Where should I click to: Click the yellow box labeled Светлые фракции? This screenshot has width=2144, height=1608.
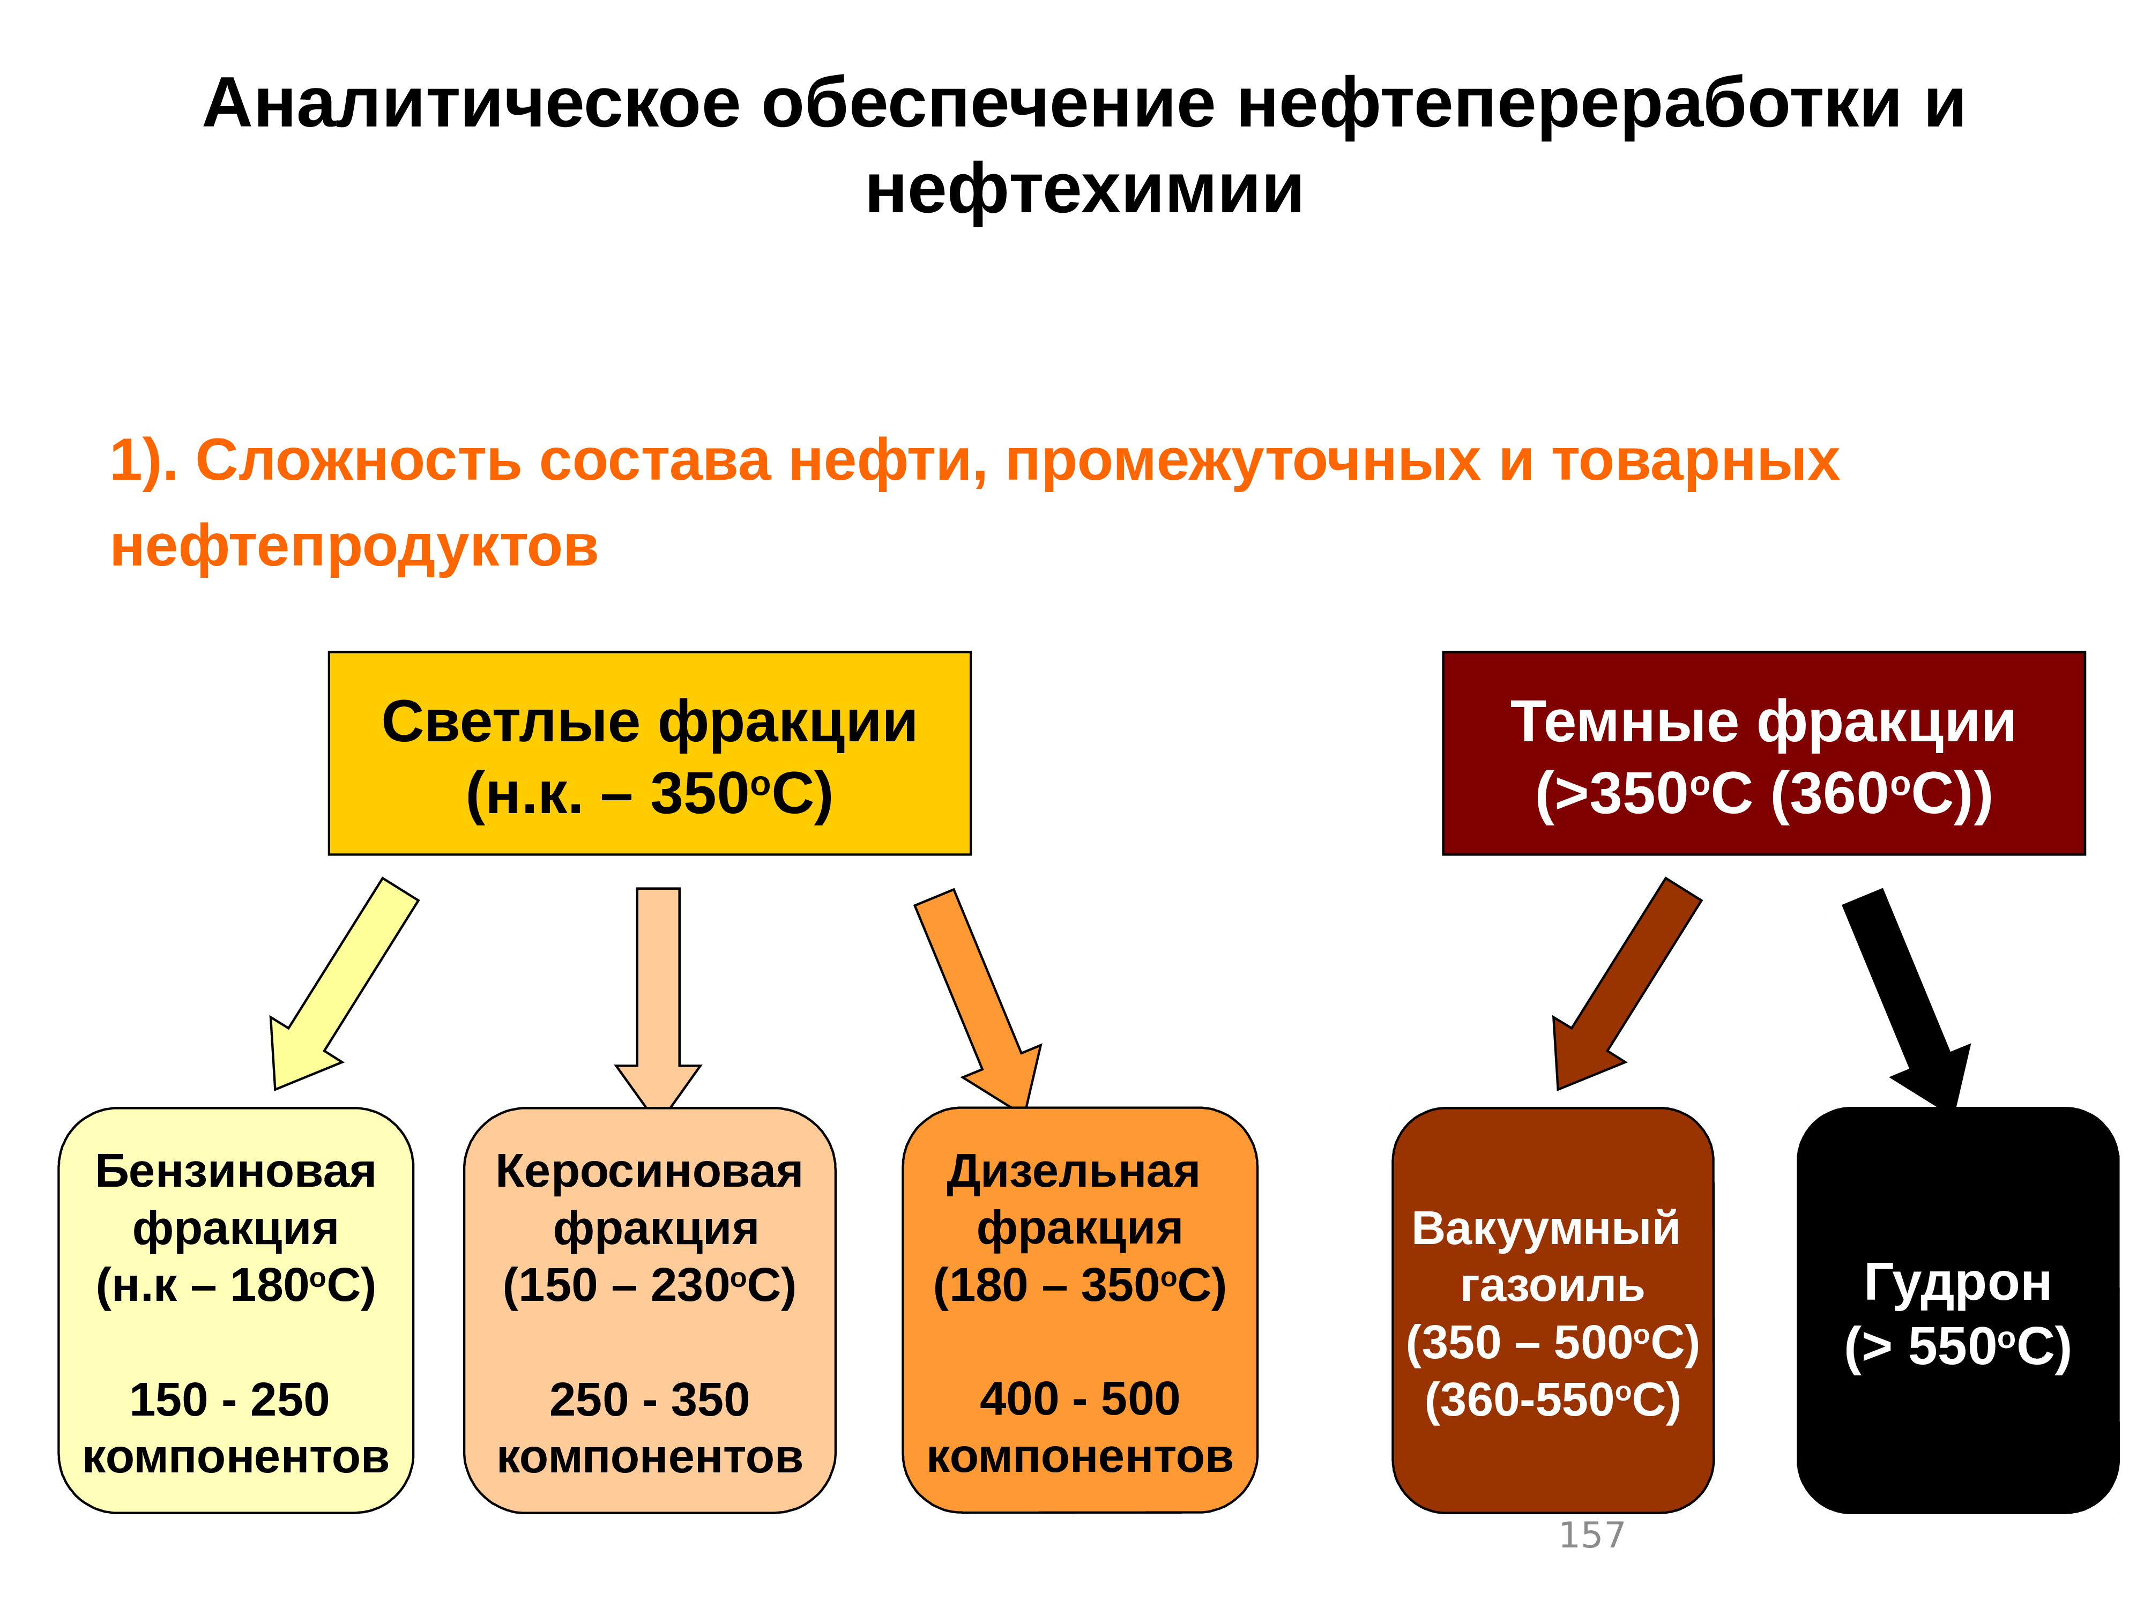click(650, 753)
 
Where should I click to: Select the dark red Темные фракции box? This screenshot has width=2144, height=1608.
click(1763, 753)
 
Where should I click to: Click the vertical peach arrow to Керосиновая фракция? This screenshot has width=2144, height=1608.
click(658, 988)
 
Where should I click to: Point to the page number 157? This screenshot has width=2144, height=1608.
click(1590, 1535)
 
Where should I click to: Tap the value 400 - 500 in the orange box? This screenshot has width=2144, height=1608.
click(1080, 1398)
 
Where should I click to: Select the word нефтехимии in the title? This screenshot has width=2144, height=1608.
click(1084, 189)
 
